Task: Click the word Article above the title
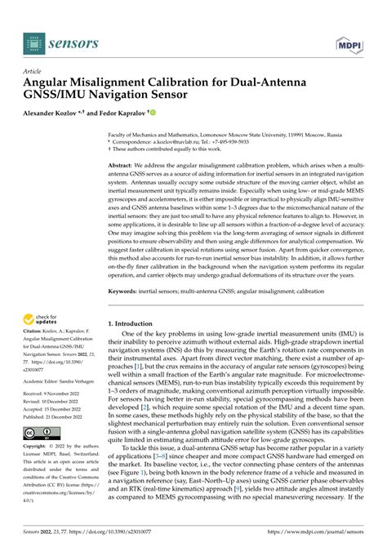[33, 71]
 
